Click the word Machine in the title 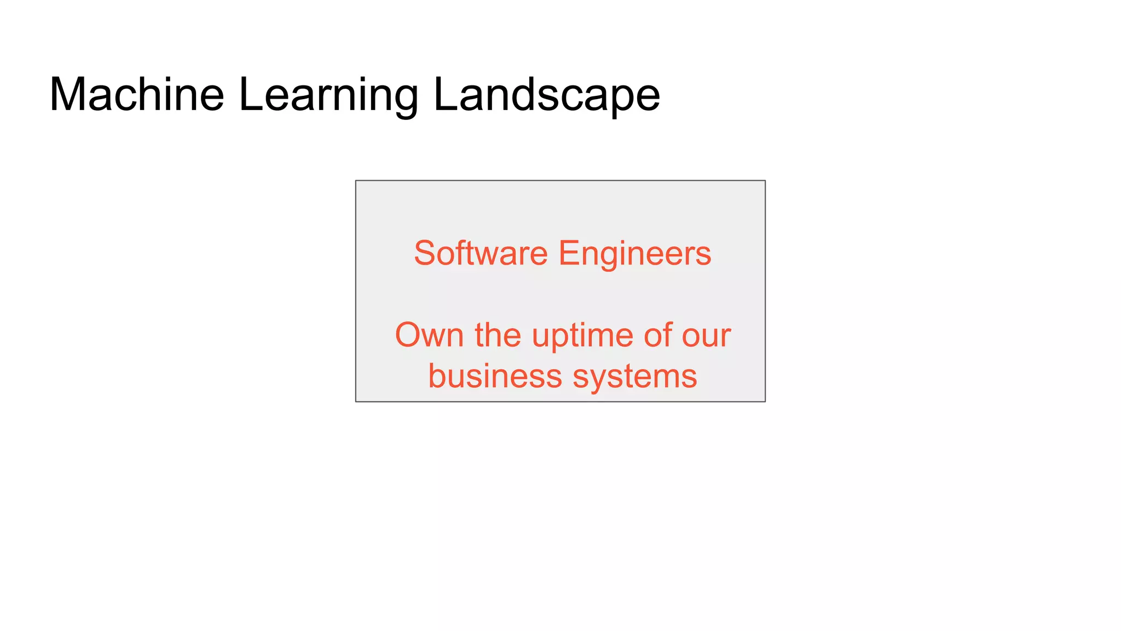(x=137, y=95)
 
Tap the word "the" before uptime (x=498, y=335)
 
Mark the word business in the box (x=495, y=376)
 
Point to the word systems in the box (x=635, y=377)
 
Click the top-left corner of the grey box (x=356, y=181)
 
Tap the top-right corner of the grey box (x=765, y=181)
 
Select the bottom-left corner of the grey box (x=356, y=401)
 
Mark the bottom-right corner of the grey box (x=765, y=401)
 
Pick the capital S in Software (x=425, y=254)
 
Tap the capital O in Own (x=409, y=335)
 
